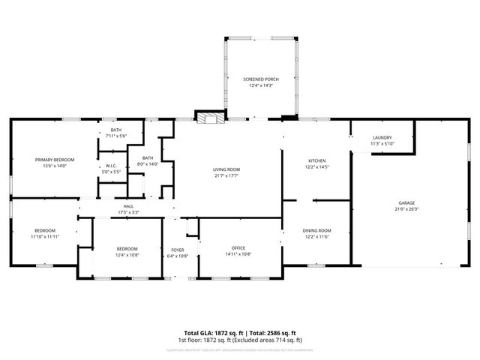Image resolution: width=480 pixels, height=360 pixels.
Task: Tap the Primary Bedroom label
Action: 54,160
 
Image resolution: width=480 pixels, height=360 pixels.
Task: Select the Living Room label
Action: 226,170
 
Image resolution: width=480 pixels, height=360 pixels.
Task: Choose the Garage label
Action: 406,203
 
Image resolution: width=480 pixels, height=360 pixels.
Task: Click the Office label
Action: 238,248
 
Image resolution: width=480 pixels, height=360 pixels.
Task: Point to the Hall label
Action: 128,207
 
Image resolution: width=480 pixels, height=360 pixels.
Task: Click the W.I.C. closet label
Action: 110,166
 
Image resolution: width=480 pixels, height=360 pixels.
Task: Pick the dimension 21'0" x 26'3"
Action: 406,209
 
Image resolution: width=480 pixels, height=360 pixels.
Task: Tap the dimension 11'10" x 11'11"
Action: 45,236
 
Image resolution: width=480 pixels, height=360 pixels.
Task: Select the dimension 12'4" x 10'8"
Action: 127,255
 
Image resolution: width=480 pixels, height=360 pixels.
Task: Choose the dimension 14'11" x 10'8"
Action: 238,254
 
